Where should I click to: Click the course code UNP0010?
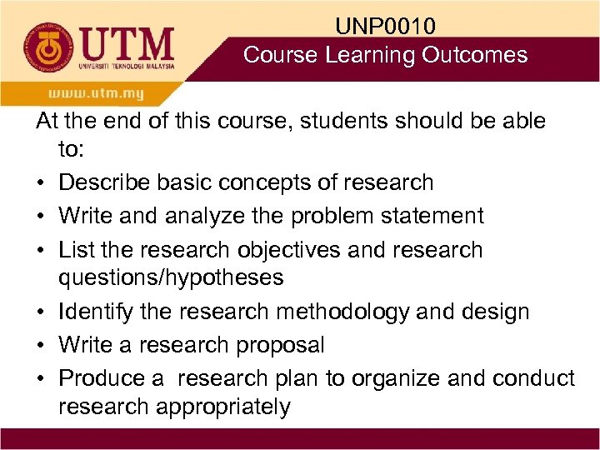[385, 27]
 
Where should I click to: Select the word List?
[72, 250]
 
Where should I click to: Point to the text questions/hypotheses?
[171, 277]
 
